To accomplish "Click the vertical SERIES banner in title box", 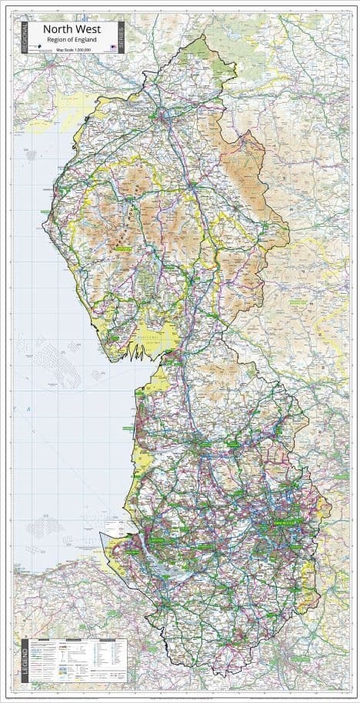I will point(122,37).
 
